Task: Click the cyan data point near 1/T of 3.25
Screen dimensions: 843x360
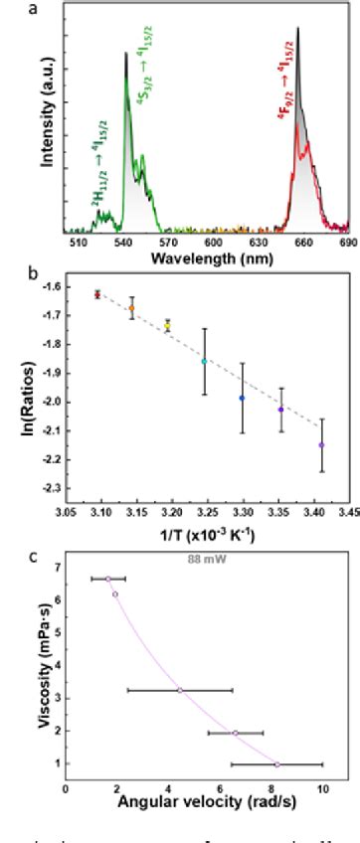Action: [x=205, y=361]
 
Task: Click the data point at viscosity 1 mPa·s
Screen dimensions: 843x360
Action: [x=277, y=764]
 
